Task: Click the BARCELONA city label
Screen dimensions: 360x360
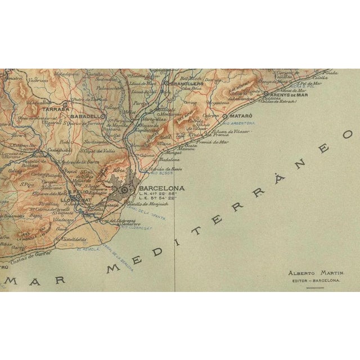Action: click(161, 188)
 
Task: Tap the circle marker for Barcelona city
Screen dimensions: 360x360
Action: click(125, 191)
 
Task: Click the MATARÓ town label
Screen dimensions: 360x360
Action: click(239, 102)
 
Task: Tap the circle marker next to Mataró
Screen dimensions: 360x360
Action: click(224, 102)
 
